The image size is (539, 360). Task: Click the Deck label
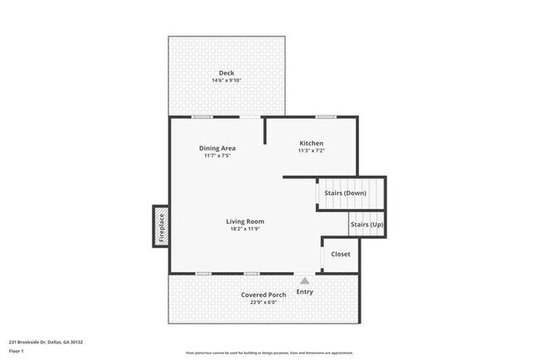point(226,72)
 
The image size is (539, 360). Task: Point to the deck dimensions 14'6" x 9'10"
point(226,80)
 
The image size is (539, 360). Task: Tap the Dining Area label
point(216,148)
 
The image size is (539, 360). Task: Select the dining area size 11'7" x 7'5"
point(216,156)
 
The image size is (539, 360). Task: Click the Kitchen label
point(311,144)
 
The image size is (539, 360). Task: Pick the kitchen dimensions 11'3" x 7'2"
point(311,152)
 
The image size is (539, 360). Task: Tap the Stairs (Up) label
point(367,225)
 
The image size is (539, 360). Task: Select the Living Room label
point(245,221)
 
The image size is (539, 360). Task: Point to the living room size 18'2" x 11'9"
point(245,230)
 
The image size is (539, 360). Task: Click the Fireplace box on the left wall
point(161,226)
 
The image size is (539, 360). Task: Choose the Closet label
point(341,254)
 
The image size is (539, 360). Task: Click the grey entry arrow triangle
point(304,281)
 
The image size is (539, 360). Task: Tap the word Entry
point(304,292)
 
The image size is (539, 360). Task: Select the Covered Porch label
point(264,294)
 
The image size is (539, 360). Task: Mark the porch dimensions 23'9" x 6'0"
point(264,303)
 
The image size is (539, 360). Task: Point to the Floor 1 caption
point(17,352)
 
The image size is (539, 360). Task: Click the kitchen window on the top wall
point(325,117)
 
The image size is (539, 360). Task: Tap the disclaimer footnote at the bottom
point(269,353)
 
